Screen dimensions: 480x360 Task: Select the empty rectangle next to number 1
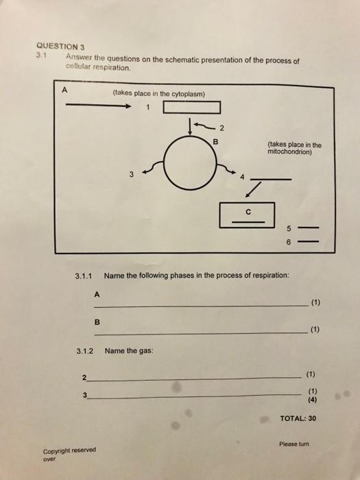(192, 107)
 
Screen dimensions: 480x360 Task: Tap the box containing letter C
(247, 215)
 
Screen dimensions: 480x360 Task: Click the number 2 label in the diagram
(221, 128)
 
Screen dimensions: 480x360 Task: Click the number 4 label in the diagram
(241, 179)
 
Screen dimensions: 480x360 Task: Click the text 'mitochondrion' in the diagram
(291, 152)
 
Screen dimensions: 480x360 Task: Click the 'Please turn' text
(295, 444)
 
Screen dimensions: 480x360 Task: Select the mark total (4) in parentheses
(311, 400)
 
